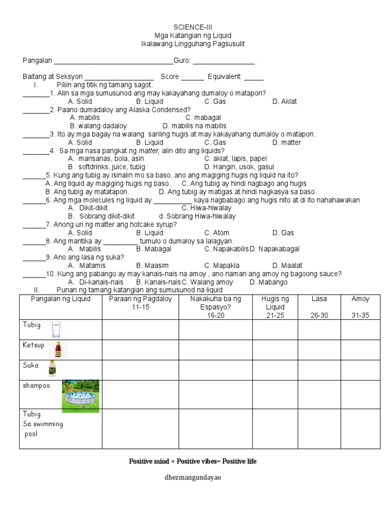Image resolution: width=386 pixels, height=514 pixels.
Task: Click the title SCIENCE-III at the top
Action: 193,27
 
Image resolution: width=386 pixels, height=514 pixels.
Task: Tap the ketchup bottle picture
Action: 58,349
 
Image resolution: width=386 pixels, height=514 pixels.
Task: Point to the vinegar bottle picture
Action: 52,369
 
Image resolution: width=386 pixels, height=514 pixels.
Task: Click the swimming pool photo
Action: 80,396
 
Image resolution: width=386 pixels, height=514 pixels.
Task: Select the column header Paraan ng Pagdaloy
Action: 140,303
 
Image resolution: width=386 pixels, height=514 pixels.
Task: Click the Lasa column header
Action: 319,299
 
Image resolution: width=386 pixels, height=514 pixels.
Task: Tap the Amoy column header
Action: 360,299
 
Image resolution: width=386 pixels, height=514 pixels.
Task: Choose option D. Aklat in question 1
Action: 284,101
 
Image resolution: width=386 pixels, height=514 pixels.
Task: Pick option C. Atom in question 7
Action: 217,233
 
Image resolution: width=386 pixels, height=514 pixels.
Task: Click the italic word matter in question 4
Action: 149,151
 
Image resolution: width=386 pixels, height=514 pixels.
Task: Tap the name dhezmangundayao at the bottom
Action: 193,477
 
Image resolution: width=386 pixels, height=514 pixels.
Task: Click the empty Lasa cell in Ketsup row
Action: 319,350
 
